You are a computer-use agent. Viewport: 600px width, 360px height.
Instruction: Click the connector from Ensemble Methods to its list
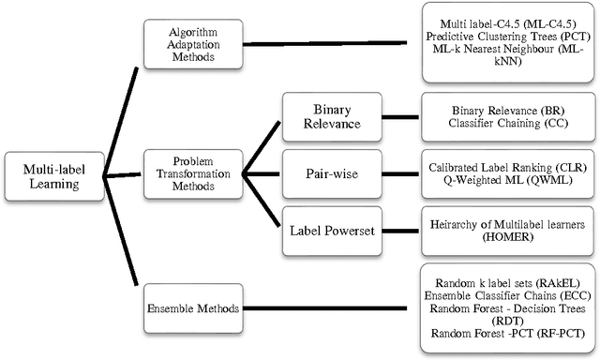pyautogui.click(x=328, y=307)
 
